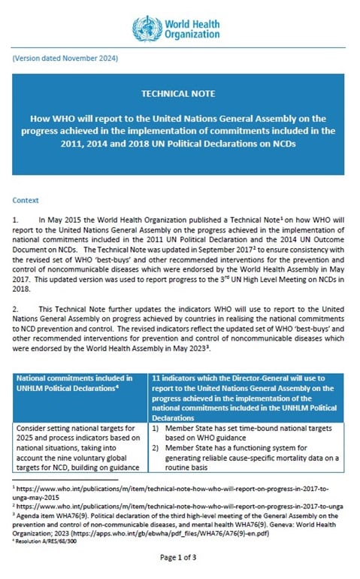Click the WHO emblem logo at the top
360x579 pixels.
point(145,29)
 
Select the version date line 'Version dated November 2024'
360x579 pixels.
point(65,59)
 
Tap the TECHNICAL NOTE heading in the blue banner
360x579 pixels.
point(178,95)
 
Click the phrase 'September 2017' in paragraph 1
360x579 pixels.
point(217,249)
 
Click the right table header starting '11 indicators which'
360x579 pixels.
point(248,383)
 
